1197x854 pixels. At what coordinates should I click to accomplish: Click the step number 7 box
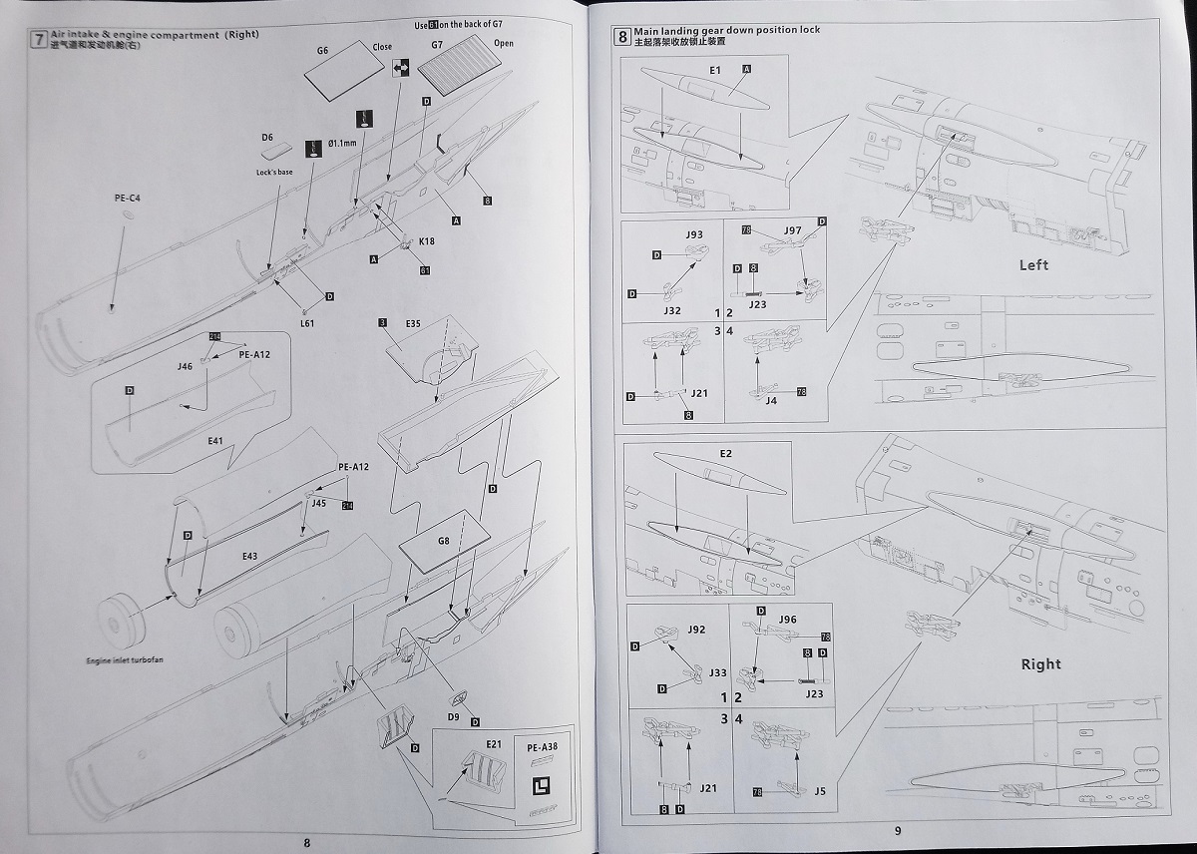(39, 40)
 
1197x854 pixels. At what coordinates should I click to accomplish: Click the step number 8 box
(622, 38)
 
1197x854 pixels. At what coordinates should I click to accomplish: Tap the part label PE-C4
(127, 199)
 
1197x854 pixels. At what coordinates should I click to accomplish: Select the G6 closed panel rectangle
(341, 76)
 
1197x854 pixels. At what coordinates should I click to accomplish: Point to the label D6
(267, 137)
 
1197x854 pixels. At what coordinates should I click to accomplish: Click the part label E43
(250, 555)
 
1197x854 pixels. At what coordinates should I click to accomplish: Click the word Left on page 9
(1033, 264)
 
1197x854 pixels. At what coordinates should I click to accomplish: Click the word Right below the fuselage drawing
(1040, 663)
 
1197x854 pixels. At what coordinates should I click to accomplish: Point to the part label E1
(714, 70)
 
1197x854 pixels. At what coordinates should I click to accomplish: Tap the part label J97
(792, 230)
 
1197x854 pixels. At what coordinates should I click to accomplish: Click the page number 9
(897, 830)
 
